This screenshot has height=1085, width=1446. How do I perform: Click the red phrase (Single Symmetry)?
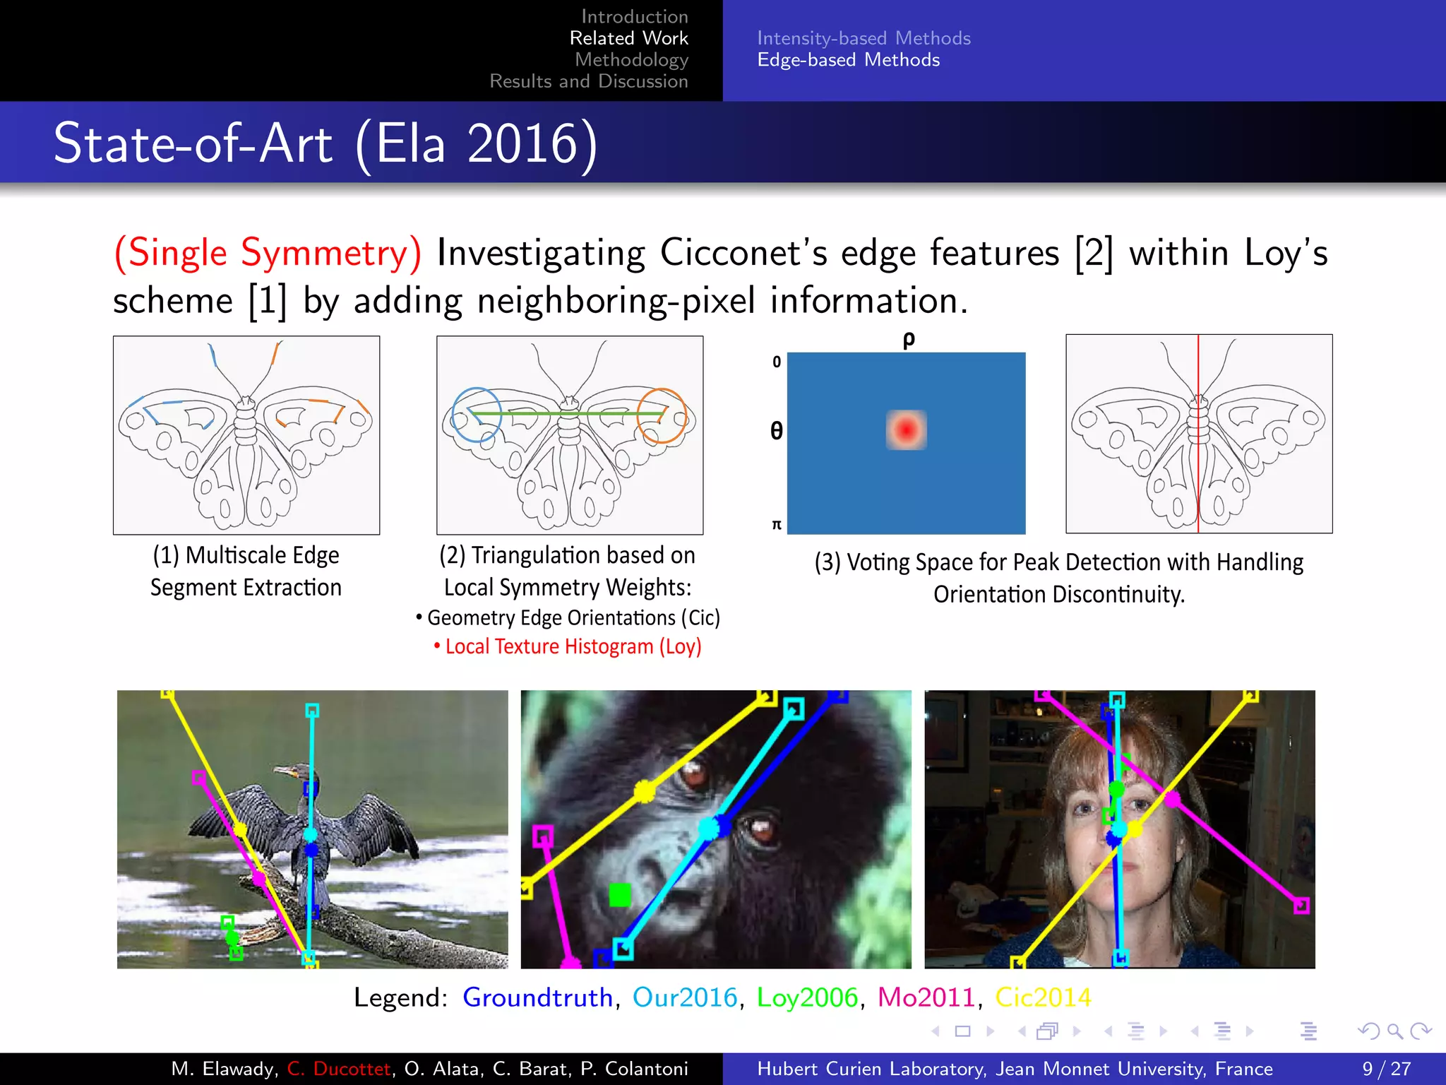click(x=268, y=253)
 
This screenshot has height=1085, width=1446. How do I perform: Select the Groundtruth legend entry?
click(x=537, y=997)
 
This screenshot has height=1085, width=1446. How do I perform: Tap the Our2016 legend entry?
click(x=684, y=997)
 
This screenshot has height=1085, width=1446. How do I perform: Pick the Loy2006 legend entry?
click(x=807, y=997)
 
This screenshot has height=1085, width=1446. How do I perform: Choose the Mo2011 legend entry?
click(x=926, y=997)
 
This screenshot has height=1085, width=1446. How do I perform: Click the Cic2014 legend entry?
click(x=1043, y=997)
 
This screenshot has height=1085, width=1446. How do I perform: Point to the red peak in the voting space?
click(x=906, y=429)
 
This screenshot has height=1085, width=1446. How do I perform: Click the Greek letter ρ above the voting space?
click(x=909, y=340)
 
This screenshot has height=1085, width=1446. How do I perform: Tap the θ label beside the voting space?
click(x=776, y=430)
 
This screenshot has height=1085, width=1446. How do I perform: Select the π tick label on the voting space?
click(x=777, y=525)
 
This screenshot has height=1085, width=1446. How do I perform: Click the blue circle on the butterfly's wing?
click(x=477, y=415)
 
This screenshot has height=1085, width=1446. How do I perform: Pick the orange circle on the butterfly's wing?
click(x=662, y=415)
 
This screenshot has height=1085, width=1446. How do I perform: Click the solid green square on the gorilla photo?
click(x=619, y=895)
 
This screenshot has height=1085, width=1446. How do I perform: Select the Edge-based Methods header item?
click(x=848, y=60)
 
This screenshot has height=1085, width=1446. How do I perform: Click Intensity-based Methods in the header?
click(x=864, y=38)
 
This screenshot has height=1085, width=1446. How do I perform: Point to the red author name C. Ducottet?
click(x=339, y=1069)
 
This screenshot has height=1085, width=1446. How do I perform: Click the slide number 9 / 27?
click(x=1386, y=1069)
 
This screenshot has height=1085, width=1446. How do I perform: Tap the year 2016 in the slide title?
click(x=522, y=143)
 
